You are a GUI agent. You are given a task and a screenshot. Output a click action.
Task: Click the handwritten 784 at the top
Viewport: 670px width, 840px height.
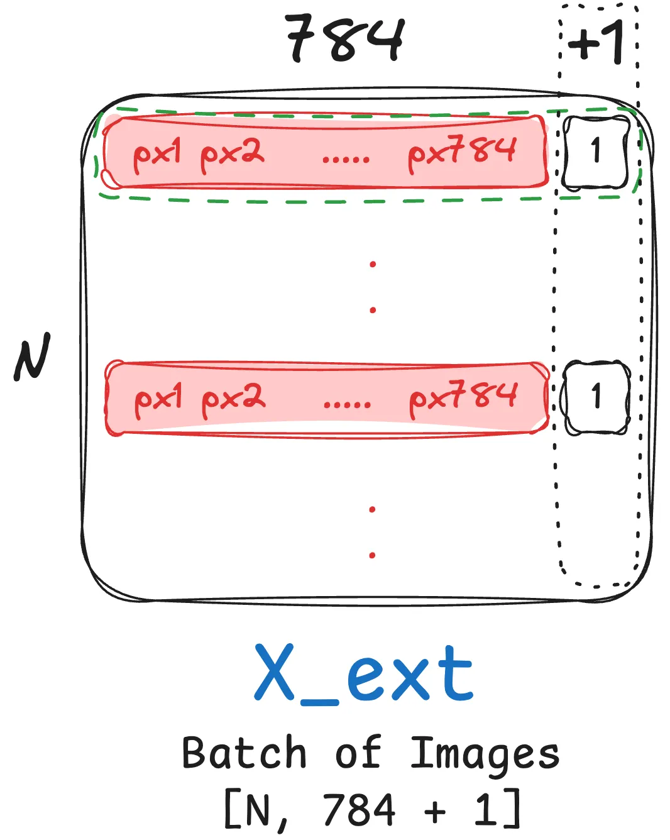tap(344, 39)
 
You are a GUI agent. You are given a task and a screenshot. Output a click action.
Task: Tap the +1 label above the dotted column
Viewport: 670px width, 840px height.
tap(596, 42)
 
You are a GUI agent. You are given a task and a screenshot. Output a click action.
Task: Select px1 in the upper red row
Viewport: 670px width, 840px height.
tap(157, 154)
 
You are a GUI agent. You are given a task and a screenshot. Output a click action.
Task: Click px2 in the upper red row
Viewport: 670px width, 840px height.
tap(232, 154)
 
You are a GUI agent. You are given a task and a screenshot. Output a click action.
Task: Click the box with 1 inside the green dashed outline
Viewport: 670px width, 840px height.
tap(595, 152)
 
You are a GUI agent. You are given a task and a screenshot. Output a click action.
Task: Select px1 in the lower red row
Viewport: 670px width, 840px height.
tap(158, 399)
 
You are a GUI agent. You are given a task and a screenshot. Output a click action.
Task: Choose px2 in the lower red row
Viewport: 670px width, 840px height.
tap(233, 399)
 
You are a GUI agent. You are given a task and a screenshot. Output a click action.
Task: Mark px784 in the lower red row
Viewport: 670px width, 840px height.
tap(463, 398)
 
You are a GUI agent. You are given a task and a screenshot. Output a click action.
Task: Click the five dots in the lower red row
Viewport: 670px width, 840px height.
tap(347, 404)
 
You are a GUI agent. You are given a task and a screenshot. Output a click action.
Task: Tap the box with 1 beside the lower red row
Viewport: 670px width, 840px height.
tap(596, 397)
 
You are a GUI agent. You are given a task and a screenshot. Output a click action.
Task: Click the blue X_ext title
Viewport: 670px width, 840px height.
tap(363, 674)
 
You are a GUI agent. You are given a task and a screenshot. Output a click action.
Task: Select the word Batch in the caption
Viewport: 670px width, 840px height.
tap(244, 753)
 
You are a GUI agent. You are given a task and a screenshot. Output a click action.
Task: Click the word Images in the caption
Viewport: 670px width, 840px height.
tap(485, 754)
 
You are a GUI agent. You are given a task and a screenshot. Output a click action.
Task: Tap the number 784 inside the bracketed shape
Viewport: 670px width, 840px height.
tap(359, 809)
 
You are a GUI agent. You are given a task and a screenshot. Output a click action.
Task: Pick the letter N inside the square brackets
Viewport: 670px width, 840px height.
tap(258, 810)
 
